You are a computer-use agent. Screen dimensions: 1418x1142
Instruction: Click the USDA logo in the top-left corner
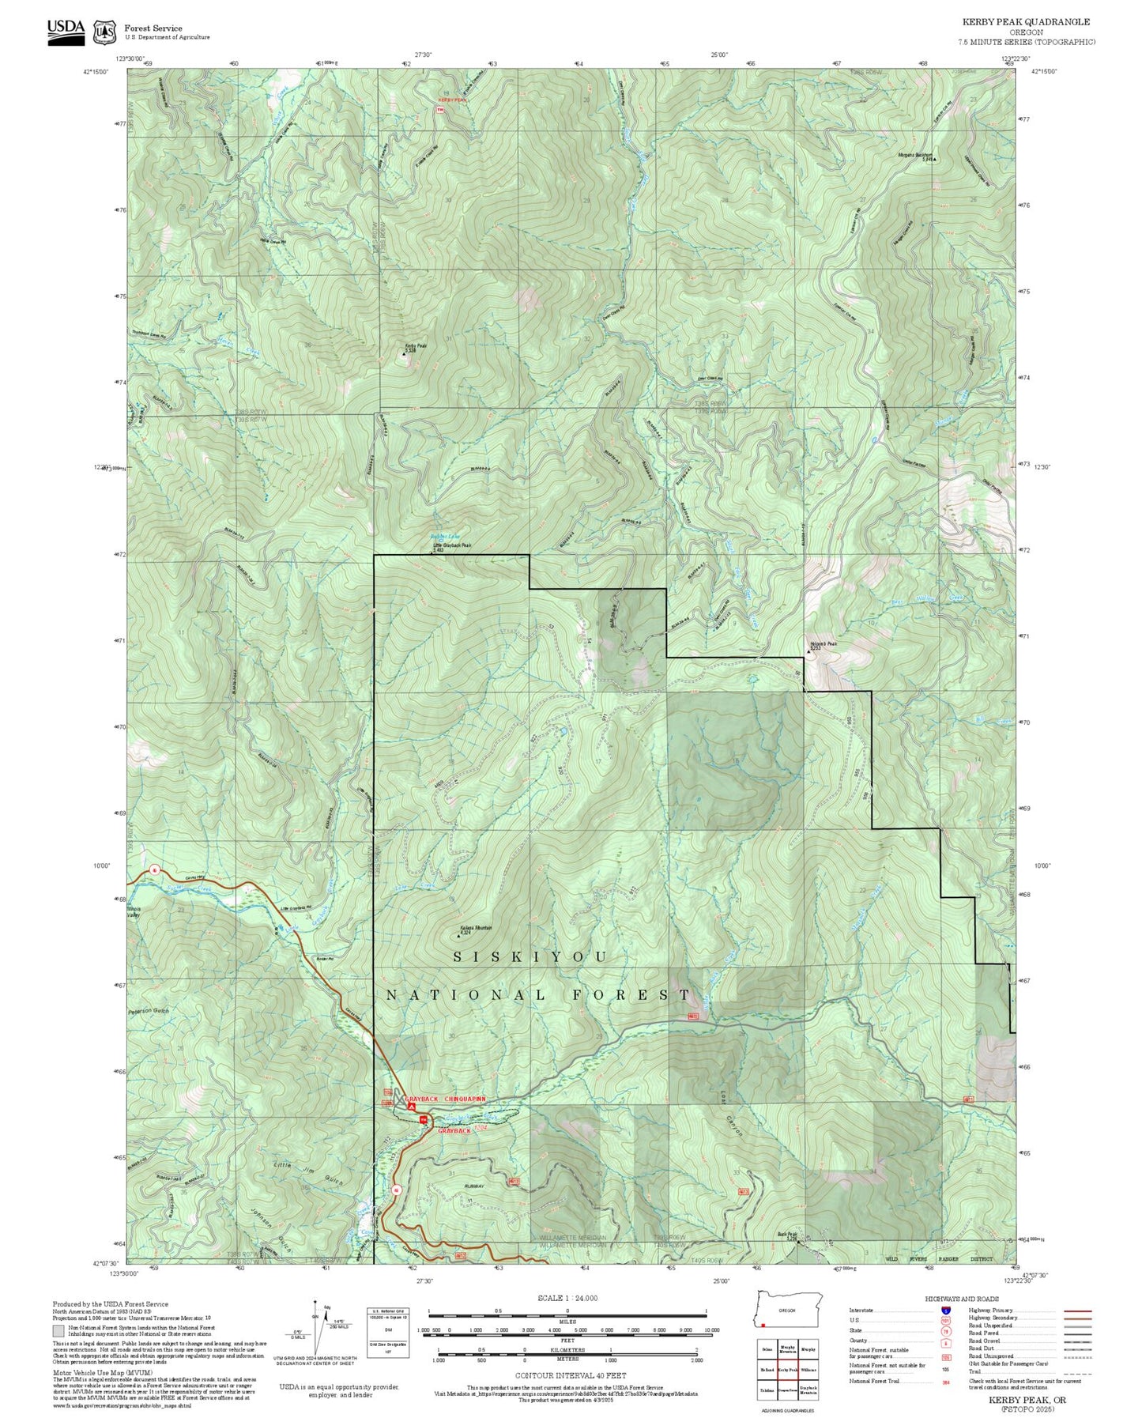66,31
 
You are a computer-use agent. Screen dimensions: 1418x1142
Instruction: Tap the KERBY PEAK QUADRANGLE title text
1025,22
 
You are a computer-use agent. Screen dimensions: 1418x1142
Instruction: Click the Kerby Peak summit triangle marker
404,354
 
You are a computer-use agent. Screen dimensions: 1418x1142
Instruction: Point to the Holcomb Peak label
821,644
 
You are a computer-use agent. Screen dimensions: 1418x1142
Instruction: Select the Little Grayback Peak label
452,545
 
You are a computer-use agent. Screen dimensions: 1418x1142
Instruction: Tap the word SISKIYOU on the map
530,957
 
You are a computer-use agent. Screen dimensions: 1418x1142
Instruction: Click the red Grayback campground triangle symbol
411,1107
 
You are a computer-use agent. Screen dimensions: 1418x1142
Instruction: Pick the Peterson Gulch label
149,1011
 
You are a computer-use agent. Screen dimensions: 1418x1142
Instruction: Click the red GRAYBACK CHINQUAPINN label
445,1099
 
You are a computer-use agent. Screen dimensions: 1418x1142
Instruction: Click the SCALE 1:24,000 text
567,1298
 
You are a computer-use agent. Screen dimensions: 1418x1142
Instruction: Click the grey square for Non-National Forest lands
58,1331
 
